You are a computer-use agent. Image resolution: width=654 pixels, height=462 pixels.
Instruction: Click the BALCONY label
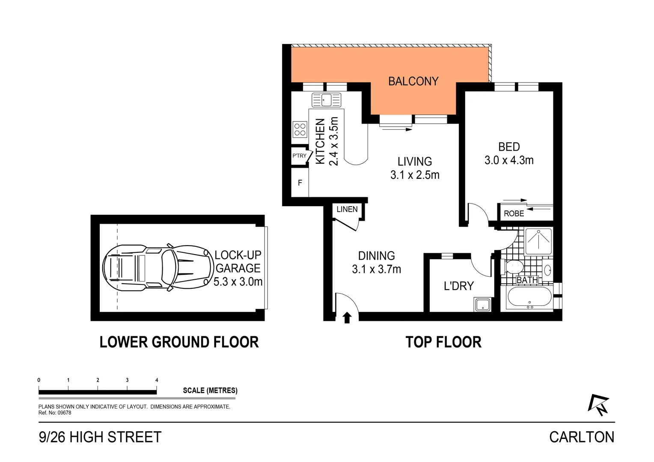point(413,81)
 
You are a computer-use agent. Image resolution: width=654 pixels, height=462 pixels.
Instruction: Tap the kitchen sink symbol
point(327,100)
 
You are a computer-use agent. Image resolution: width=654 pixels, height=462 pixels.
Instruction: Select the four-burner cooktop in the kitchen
point(300,129)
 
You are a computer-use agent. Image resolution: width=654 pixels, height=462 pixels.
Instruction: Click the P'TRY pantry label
point(299,156)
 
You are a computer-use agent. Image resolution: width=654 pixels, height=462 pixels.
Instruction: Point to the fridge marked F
point(300,183)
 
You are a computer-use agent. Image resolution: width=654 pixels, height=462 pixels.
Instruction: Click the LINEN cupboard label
point(347,209)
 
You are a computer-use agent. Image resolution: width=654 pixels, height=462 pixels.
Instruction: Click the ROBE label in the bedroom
point(514,213)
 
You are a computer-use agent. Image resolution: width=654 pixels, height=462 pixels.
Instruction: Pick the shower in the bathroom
point(538,242)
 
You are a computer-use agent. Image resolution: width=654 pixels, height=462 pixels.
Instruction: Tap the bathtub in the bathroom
point(529,298)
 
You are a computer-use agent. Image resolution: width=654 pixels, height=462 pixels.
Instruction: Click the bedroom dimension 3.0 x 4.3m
point(509,160)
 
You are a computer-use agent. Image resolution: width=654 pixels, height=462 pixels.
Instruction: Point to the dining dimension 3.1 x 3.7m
point(376,269)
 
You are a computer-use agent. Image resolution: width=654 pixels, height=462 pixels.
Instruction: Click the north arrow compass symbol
point(598,405)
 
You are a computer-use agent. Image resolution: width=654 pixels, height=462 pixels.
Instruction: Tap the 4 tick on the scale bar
point(157,380)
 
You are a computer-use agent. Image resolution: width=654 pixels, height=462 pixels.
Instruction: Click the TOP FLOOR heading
point(443,342)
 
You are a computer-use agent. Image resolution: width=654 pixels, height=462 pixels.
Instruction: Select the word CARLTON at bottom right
point(581,437)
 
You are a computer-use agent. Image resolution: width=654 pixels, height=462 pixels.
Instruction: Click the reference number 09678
point(64,413)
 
